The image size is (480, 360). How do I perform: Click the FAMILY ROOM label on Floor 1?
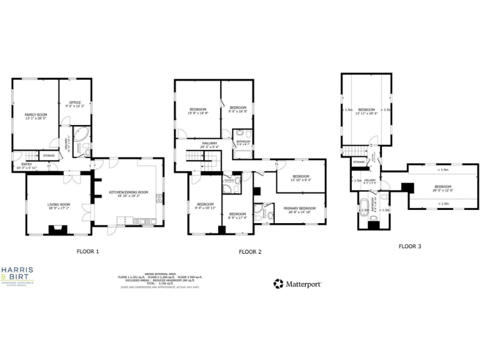click(x=36, y=115)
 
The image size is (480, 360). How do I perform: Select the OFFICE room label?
click(x=75, y=103)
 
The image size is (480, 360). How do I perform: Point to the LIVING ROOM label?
click(x=59, y=204)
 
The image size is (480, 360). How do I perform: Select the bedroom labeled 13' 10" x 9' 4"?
click(x=301, y=177)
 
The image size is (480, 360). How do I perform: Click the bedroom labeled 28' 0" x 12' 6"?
click(x=442, y=187)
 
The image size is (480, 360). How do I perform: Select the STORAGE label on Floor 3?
click(x=358, y=162)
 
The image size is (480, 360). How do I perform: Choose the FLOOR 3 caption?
click(x=409, y=246)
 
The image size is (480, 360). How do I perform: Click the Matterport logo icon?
click(x=278, y=284)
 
